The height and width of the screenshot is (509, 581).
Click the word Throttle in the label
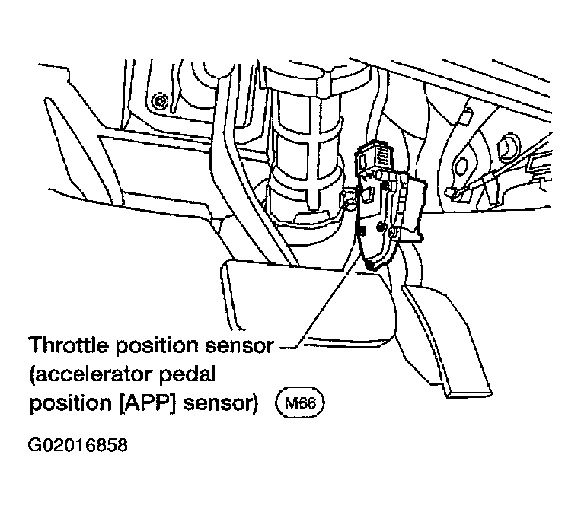coord(70,345)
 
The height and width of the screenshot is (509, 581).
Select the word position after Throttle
coord(157,347)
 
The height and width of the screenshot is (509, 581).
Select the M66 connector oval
coord(300,402)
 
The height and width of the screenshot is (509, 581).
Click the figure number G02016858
coord(78,445)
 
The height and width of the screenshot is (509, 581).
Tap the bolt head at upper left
coord(160,100)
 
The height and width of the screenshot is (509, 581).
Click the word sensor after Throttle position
coord(239,345)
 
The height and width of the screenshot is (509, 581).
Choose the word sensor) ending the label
coord(220,402)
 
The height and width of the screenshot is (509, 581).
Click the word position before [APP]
coord(70,404)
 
